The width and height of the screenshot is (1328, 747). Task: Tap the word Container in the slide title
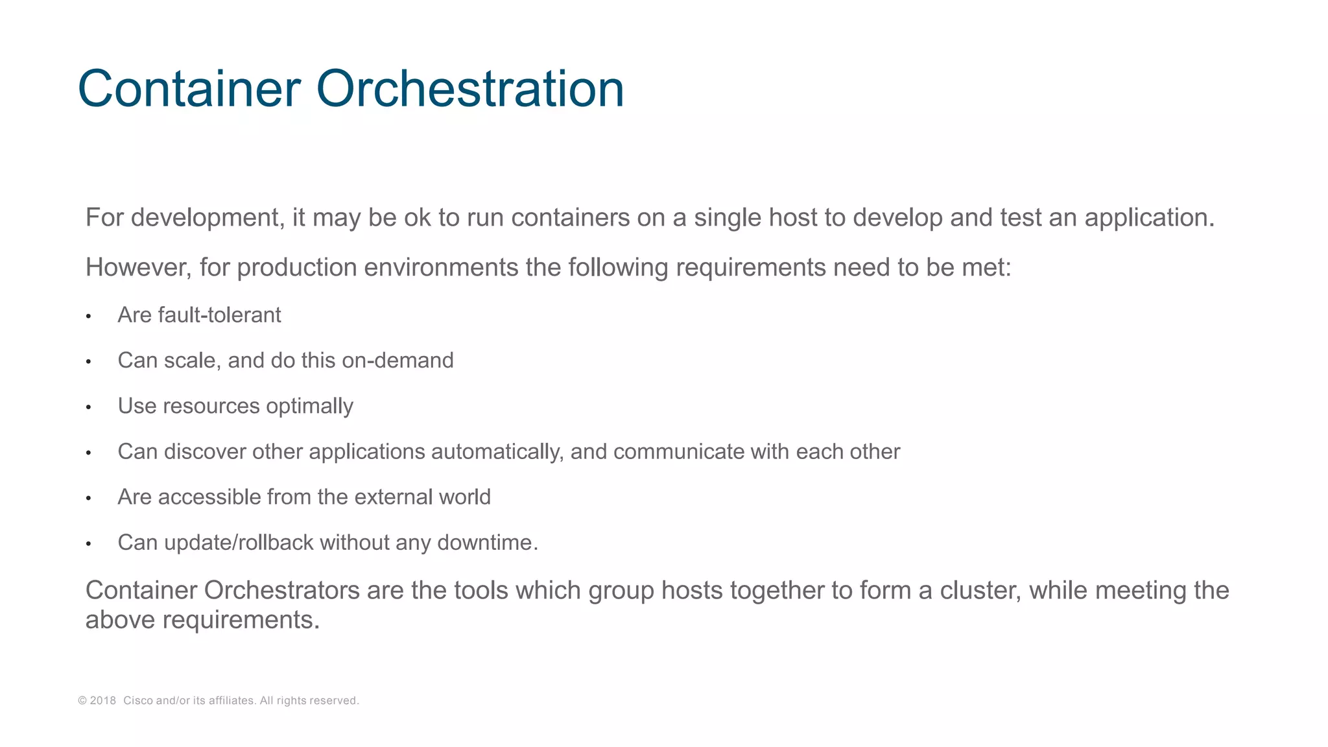189,89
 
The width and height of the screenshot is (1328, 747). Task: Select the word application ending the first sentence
1149,218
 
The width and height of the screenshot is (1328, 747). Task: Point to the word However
138,267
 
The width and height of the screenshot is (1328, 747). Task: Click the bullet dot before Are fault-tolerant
88,317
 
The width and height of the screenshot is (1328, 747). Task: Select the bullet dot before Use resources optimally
88,408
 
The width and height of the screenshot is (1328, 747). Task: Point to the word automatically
497,452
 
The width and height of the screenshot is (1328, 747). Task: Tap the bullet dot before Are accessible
88,499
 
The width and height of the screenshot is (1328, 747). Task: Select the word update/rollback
239,543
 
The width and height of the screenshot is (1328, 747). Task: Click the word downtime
488,543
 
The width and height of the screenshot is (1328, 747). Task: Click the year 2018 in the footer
102,701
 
